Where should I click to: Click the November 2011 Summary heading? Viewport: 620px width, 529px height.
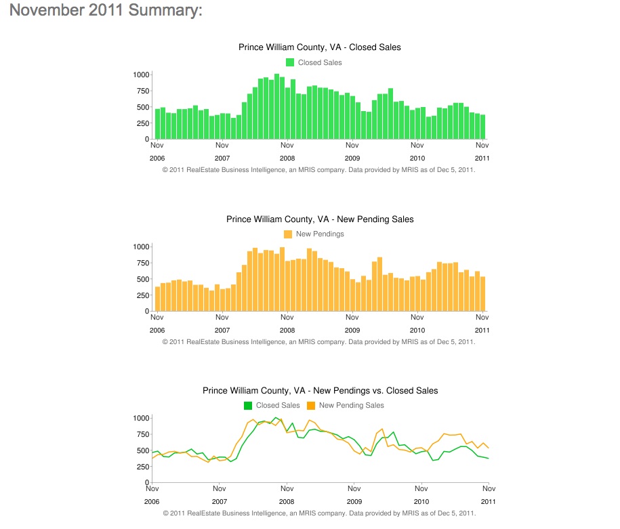click(106, 10)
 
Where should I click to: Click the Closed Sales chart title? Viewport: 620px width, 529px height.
click(320, 47)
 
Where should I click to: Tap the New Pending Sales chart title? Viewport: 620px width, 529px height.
click(320, 219)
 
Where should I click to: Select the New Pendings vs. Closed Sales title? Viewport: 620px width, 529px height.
click(321, 391)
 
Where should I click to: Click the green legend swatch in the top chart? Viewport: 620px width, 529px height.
click(290, 62)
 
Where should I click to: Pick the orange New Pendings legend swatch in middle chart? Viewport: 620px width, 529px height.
click(288, 234)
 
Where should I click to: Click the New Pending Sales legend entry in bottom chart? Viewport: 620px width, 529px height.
click(346, 405)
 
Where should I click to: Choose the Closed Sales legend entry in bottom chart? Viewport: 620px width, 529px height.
click(272, 405)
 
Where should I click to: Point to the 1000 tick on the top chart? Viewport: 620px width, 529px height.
click(141, 75)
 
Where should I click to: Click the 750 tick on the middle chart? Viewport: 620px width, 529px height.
click(143, 263)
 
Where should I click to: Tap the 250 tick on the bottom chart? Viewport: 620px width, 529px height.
click(143, 467)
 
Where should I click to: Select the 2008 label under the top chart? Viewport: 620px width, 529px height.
click(287, 158)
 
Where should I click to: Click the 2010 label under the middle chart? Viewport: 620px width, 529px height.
click(417, 330)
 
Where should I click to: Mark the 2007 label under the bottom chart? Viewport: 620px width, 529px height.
click(220, 501)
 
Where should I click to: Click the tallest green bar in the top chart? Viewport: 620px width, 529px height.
click(276, 106)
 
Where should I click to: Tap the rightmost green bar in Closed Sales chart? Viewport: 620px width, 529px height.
click(483, 127)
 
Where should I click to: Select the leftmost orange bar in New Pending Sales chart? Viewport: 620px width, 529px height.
click(157, 299)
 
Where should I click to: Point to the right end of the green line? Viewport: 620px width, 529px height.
click(489, 459)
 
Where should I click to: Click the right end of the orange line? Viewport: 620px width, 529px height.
click(489, 448)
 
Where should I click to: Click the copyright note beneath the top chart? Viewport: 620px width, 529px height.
click(318, 170)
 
